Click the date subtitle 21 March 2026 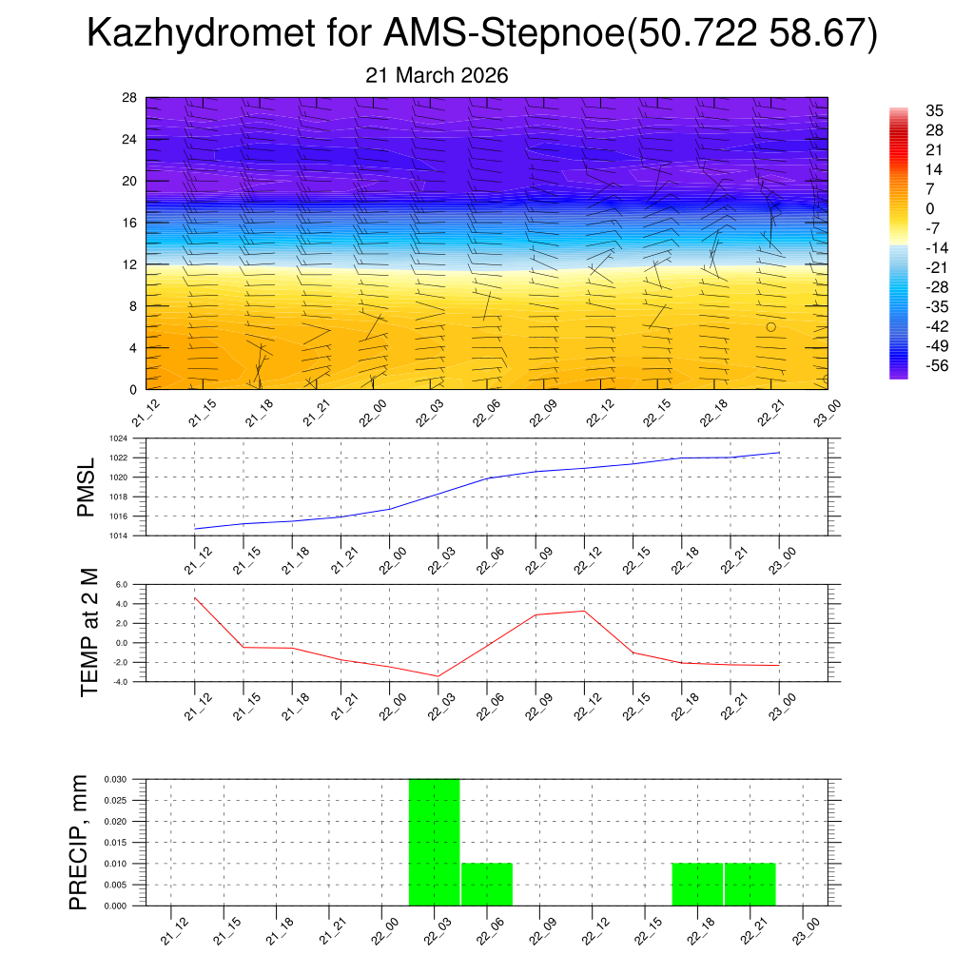pos(437,76)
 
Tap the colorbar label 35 pos(934,110)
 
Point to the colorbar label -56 pos(936,364)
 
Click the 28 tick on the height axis pos(130,98)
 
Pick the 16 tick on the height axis pos(130,223)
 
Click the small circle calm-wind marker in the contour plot pos(770,326)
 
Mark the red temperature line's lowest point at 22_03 pos(438,675)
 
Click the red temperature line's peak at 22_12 pos(583,611)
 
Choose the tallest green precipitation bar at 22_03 pos(434,842)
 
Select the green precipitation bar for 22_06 pos(487,884)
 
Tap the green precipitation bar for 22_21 pos(750,884)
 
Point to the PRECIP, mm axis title pos(80,842)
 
